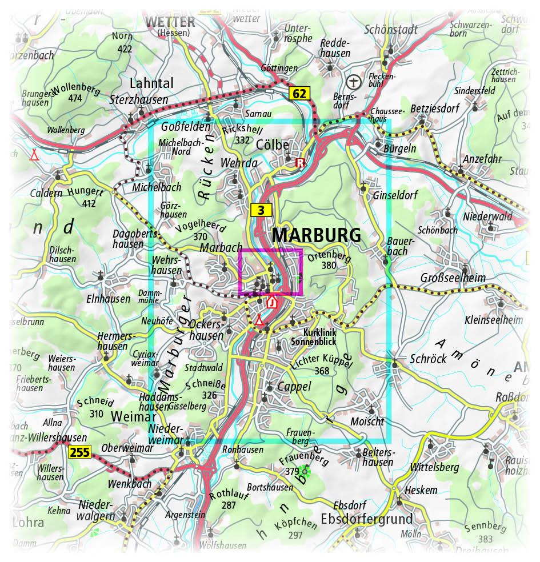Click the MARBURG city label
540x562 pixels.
[x=316, y=235]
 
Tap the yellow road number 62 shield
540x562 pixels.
[x=301, y=93]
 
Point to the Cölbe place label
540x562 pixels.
[x=273, y=145]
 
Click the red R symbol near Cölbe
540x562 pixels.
[x=299, y=163]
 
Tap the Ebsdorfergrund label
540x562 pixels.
[x=366, y=519]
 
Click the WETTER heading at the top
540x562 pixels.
[x=171, y=22]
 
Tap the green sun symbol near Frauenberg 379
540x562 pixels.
[x=305, y=471]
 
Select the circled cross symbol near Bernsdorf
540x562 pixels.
[x=354, y=82]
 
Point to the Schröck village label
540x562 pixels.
[x=427, y=359]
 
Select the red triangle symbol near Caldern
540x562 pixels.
[x=35, y=154]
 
